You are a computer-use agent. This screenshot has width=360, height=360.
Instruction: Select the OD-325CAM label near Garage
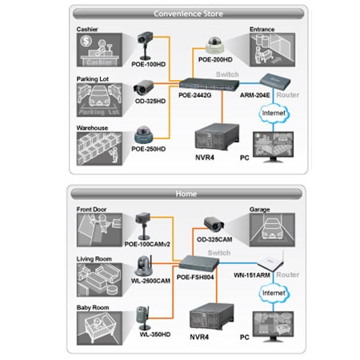tap(214, 240)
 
